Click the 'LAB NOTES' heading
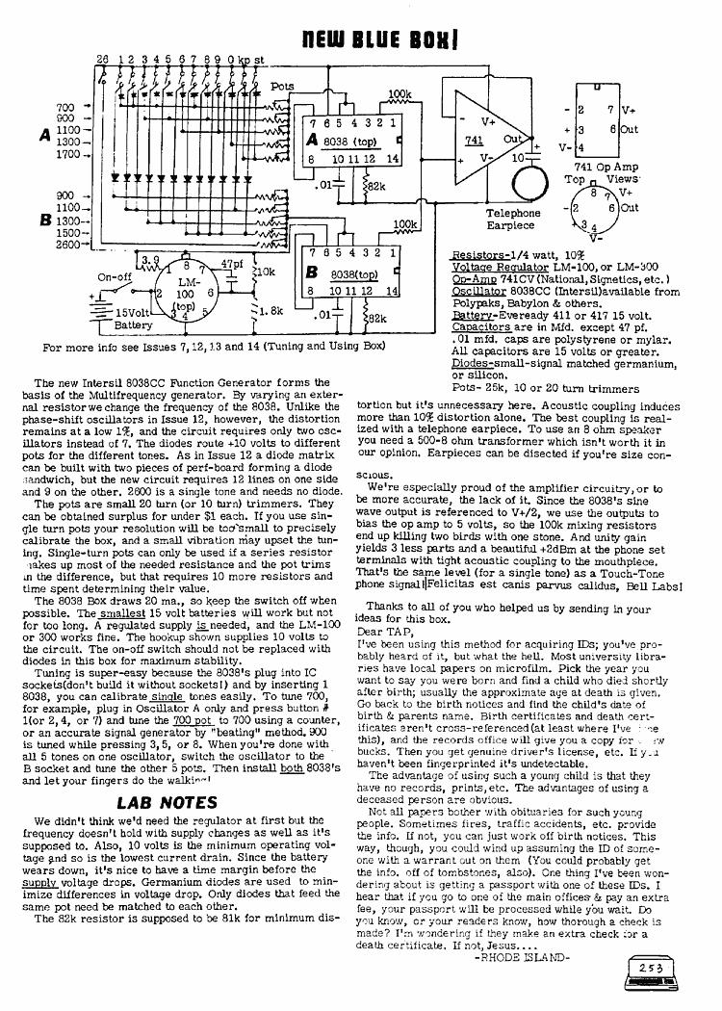click(x=160, y=802)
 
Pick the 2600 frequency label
click(x=68, y=245)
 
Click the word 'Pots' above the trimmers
click(x=282, y=86)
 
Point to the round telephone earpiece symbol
click(x=527, y=181)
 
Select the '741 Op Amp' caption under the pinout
click(x=598, y=167)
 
